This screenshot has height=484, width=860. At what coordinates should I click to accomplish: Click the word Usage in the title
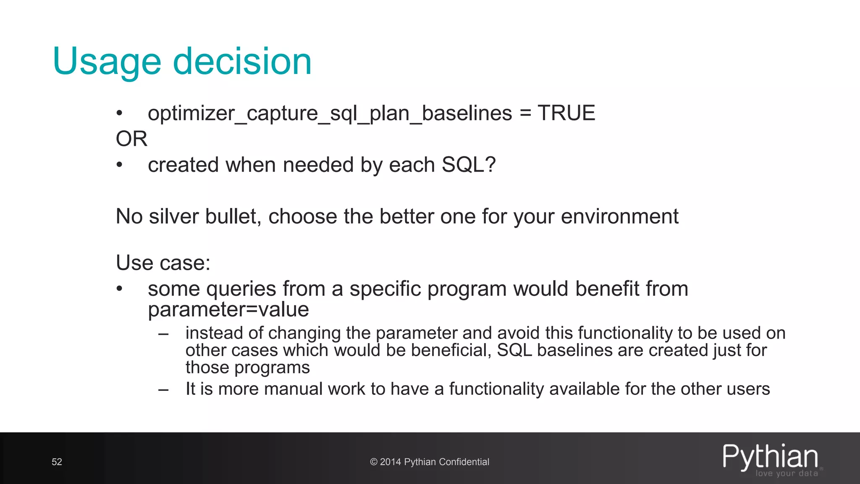[107, 62]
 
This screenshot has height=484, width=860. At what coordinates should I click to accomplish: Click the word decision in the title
[242, 61]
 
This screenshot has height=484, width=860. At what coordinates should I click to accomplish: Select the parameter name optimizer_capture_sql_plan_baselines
[330, 113]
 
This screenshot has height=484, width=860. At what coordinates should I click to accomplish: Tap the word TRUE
[566, 113]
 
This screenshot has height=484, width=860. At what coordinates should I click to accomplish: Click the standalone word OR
[131, 139]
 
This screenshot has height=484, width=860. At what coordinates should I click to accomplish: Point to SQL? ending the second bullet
[469, 165]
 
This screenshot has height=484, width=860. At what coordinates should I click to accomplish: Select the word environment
[619, 217]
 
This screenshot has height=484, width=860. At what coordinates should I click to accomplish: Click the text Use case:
[163, 263]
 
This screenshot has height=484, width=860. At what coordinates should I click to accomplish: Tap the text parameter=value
[228, 310]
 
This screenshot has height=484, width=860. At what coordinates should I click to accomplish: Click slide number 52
[57, 462]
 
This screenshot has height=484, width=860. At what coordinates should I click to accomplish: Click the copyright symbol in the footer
[374, 462]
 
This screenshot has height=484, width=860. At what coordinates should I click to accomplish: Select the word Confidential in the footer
[464, 462]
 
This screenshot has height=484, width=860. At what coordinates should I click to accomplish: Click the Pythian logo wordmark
[770, 457]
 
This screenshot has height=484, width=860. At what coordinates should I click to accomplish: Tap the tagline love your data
[787, 473]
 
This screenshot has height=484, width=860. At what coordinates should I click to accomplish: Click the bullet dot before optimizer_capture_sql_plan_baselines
[120, 113]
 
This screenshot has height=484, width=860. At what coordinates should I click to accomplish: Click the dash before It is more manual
[163, 389]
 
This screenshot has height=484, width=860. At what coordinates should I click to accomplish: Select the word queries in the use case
[241, 289]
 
